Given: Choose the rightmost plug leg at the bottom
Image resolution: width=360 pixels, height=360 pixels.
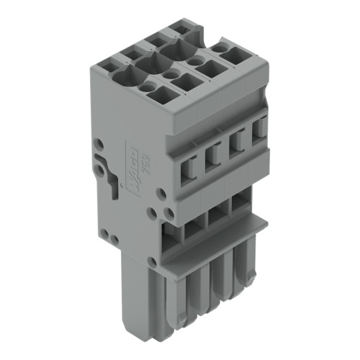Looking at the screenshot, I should pyautogui.click(x=249, y=266).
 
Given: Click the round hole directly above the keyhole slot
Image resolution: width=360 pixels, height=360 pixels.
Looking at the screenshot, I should pyautogui.click(x=100, y=145).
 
